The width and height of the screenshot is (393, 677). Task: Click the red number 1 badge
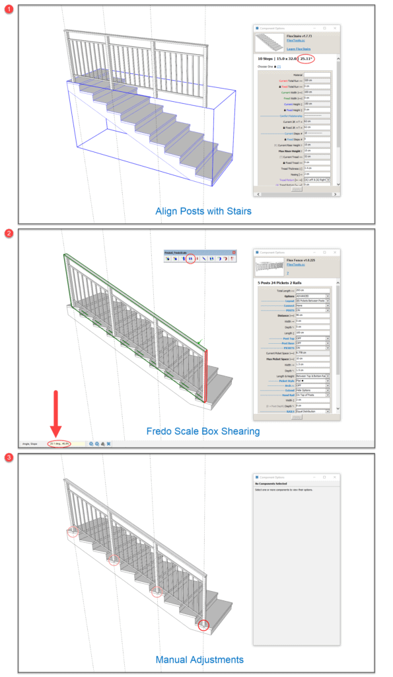click(8, 7)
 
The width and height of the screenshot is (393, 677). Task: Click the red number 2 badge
click(8, 233)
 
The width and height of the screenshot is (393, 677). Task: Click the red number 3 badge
click(8, 458)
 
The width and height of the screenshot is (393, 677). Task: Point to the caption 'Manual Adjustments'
click(199, 659)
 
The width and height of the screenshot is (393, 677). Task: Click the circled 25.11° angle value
click(306, 59)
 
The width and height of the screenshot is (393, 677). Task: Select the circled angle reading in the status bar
click(59, 443)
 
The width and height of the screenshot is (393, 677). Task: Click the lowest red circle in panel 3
click(203, 624)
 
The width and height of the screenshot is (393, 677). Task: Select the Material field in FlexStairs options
click(316, 75)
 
